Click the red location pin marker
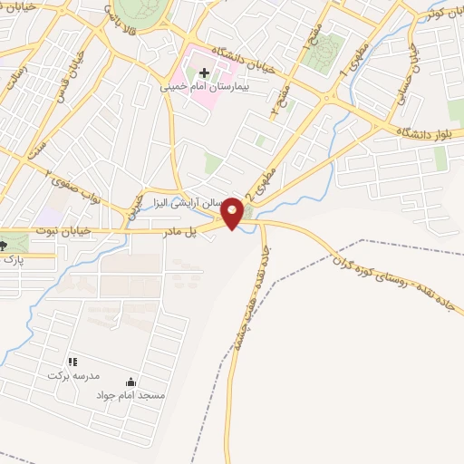pyautogui.click(x=233, y=213)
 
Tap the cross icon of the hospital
pyautogui.click(x=204, y=73)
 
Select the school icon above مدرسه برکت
pyautogui.click(x=72, y=362)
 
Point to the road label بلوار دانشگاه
pyautogui.click(x=425, y=133)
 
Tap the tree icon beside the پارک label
pyautogui.click(x=4, y=245)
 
